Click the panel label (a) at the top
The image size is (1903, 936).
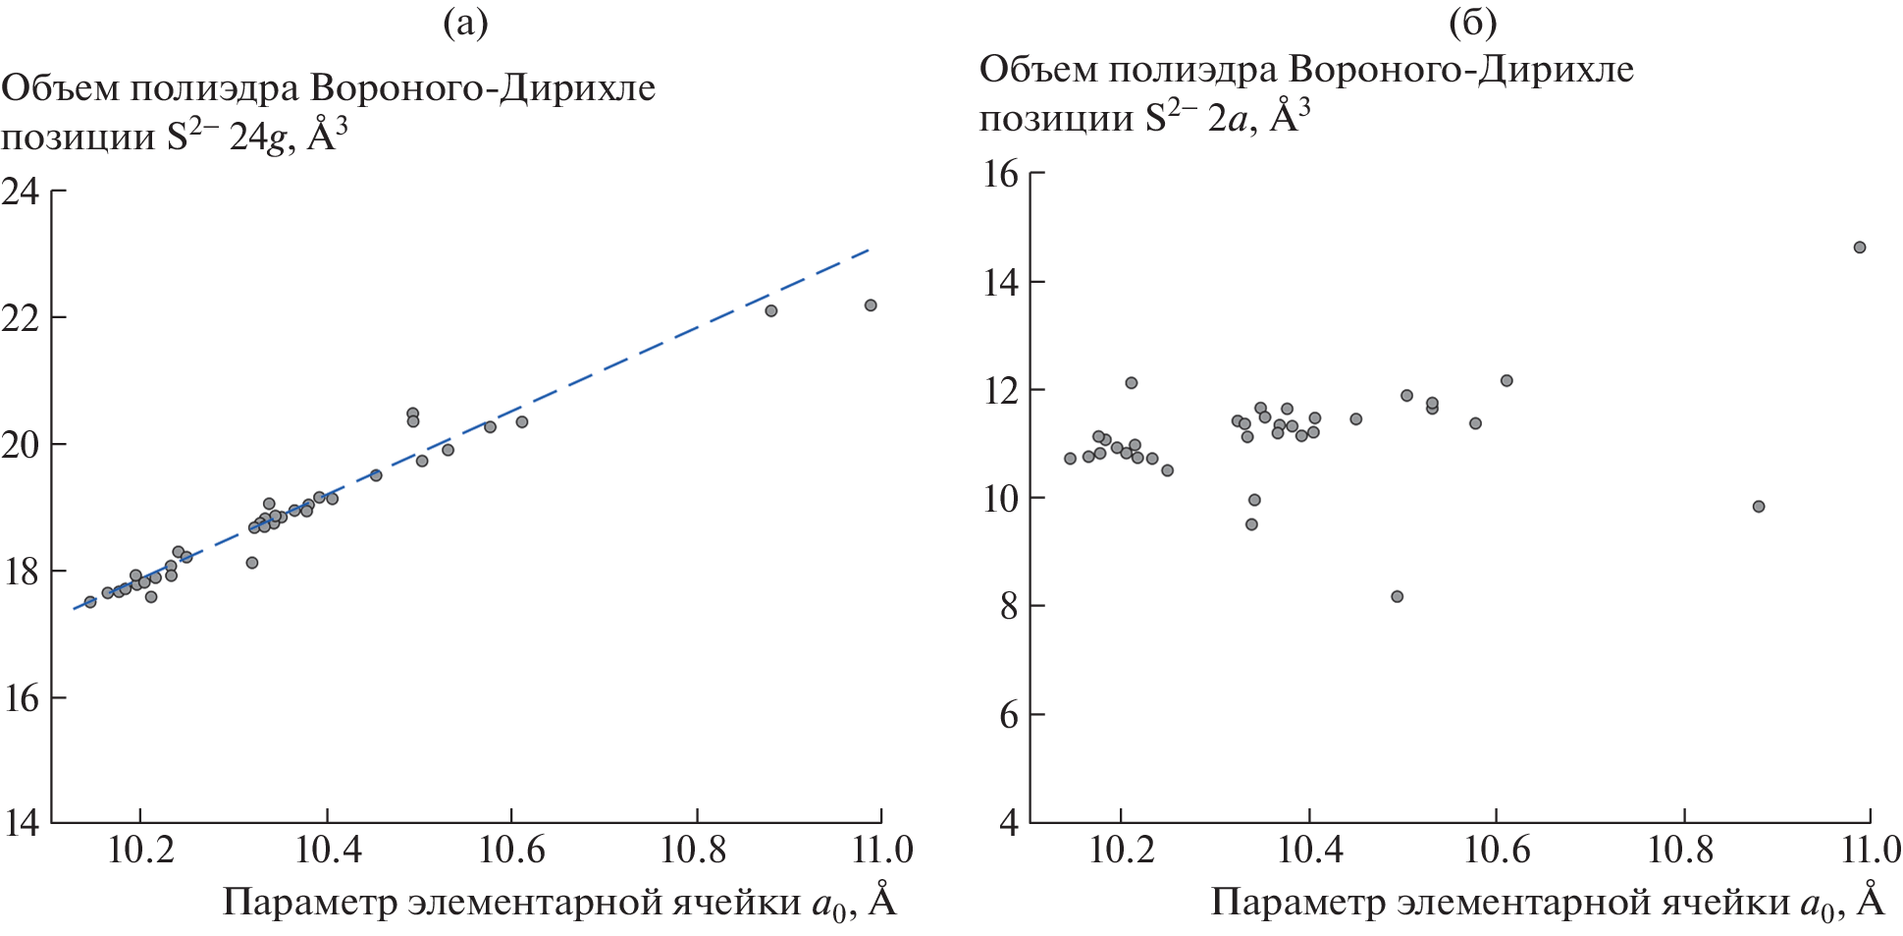(x=465, y=23)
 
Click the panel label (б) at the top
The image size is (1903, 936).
(x=1472, y=23)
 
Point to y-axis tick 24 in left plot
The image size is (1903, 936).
(x=21, y=191)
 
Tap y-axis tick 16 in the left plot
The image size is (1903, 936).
(x=21, y=698)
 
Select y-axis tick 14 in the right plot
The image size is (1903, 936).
(x=1000, y=283)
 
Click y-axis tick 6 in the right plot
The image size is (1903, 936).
(x=1009, y=715)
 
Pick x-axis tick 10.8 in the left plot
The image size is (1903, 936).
(x=695, y=851)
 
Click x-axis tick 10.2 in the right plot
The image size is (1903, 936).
(x=1122, y=851)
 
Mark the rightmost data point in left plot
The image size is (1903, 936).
(x=871, y=305)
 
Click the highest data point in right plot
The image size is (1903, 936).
(x=1859, y=248)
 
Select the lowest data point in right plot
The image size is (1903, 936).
(x=1397, y=597)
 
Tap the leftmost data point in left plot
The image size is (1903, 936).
(x=90, y=602)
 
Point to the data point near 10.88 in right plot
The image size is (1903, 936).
(x=1759, y=507)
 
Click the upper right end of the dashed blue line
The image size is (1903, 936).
(x=869, y=250)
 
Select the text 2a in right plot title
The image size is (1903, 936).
(x=1228, y=119)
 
